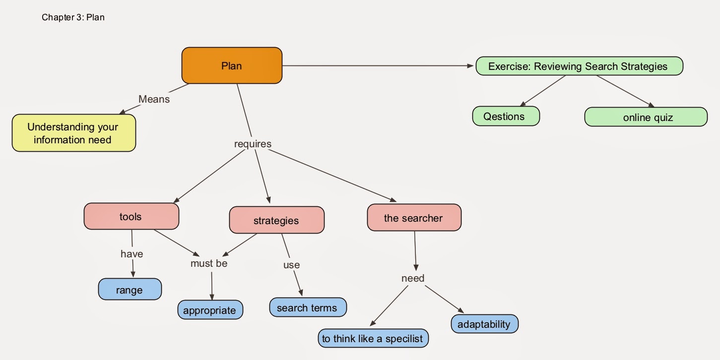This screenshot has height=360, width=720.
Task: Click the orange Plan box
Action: point(232,65)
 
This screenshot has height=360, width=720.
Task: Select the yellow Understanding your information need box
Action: point(73,133)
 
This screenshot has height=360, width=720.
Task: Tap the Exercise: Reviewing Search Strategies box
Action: point(579,66)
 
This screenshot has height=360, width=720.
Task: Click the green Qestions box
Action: point(505,116)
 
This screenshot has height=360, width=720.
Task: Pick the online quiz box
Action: point(646,117)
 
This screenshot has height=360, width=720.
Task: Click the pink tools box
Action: point(131,216)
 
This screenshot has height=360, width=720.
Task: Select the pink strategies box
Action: point(276,220)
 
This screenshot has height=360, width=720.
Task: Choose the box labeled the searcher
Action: point(413,218)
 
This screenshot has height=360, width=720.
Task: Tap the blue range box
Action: point(130,290)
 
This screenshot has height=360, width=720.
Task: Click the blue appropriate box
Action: point(210,310)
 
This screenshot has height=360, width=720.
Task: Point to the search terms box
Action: point(307,307)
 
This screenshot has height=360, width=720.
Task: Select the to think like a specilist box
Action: point(373,339)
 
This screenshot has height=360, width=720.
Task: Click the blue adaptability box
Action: point(484,324)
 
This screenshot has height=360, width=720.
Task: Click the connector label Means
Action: point(154,99)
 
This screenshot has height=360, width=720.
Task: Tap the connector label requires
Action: point(253,144)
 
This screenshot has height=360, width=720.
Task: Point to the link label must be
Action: point(209,263)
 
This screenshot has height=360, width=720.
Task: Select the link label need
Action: point(413,278)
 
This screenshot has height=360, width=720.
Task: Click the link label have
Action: point(131,254)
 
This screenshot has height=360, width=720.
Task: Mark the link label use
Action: point(291,265)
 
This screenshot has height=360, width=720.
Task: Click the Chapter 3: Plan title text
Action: point(73,17)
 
